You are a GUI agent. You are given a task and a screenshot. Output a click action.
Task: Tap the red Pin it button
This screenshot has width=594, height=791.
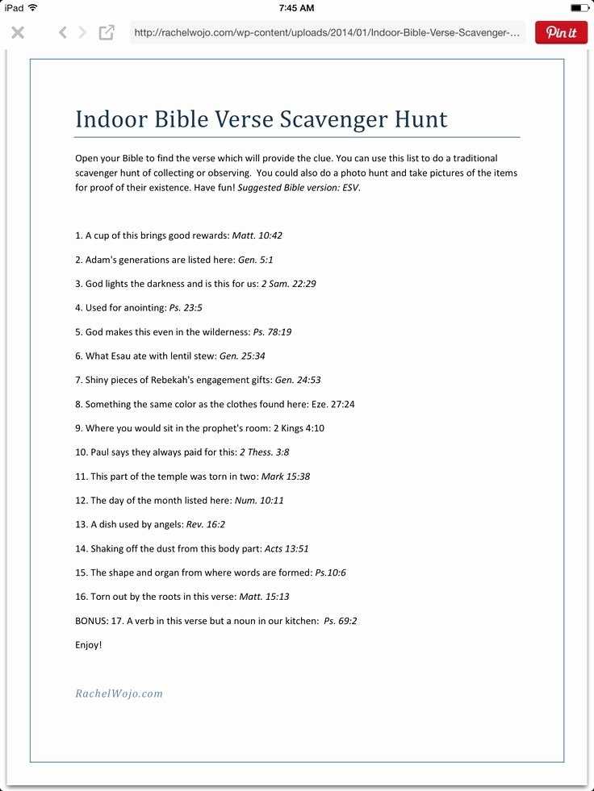coord(561,32)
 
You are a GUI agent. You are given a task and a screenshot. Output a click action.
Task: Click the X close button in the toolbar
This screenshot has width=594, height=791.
coord(18,32)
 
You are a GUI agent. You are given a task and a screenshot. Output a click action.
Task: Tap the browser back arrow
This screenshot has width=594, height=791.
coord(62,32)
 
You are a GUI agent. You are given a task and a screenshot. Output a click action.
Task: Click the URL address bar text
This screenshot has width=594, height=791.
coord(327,33)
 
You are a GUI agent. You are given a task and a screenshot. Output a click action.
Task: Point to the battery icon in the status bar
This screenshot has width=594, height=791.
coord(579,7)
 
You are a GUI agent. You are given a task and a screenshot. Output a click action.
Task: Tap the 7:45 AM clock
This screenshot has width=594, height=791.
coord(296,7)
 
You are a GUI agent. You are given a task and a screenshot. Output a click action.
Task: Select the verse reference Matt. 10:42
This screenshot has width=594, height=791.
coord(257,235)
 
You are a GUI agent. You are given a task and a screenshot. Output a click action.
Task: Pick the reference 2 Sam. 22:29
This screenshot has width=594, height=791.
coord(288,284)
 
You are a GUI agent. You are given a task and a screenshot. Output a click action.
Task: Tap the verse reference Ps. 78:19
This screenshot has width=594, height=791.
coord(272,331)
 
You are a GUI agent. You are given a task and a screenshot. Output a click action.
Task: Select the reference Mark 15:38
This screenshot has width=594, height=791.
coord(285,477)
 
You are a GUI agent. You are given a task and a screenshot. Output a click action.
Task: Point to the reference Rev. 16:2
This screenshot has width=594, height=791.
coord(205,524)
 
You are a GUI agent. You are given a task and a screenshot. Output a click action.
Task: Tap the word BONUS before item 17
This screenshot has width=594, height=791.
coord(91,621)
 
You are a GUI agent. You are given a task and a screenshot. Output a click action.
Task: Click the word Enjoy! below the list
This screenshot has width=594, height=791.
coord(89,645)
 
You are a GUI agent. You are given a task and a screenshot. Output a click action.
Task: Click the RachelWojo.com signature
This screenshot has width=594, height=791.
coord(119,693)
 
